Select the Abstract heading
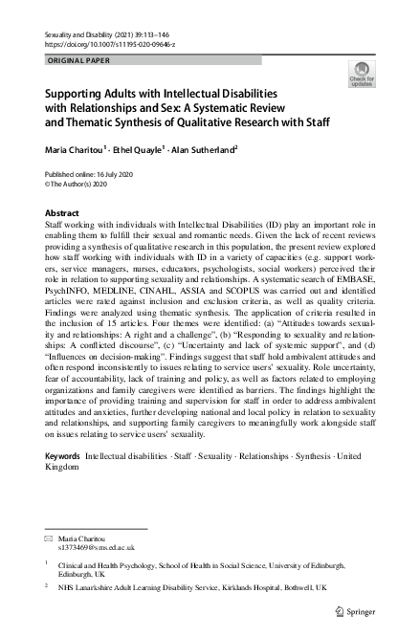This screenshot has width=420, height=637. (x=63, y=212)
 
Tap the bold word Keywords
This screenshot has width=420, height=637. (x=63, y=455)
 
